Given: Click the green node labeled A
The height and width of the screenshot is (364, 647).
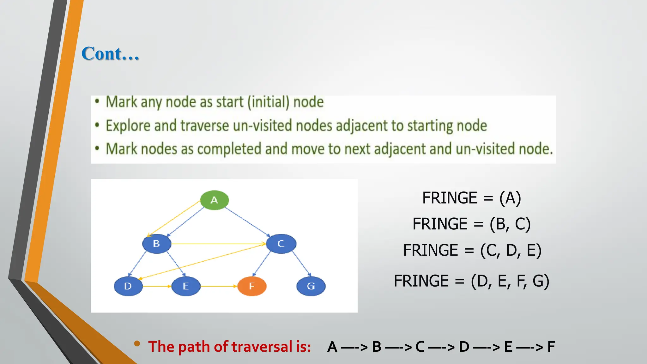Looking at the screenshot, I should (x=214, y=200).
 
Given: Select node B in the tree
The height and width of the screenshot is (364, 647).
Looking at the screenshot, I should (x=157, y=244).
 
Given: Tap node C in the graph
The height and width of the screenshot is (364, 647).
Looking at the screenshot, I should (x=281, y=244).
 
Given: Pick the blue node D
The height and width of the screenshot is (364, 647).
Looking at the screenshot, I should (x=128, y=286).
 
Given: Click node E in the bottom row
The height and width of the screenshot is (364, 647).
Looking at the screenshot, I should (x=186, y=286).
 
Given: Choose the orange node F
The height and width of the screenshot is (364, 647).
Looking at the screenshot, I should (x=252, y=286).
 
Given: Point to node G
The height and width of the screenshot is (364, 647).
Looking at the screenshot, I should (x=311, y=286).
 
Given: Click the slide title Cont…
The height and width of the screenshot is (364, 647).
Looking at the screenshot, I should (x=110, y=53).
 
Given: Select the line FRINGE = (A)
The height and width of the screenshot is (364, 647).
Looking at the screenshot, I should (x=471, y=198).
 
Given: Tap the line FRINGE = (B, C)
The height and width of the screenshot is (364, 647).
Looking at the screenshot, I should (x=471, y=224).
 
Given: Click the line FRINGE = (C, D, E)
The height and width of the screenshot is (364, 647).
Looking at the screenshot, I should (x=472, y=250).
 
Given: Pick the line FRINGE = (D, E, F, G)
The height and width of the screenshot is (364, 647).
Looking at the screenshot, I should (x=471, y=281).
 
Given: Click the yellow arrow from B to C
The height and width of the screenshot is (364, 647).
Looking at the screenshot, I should (x=218, y=244).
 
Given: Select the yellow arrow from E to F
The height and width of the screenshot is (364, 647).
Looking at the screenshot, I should (x=219, y=286).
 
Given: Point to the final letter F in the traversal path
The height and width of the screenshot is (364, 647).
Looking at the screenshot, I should (x=551, y=347).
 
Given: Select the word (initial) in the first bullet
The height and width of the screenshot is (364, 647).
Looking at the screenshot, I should (x=268, y=102).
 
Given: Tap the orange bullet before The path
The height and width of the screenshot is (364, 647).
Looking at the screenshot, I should (x=137, y=343).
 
